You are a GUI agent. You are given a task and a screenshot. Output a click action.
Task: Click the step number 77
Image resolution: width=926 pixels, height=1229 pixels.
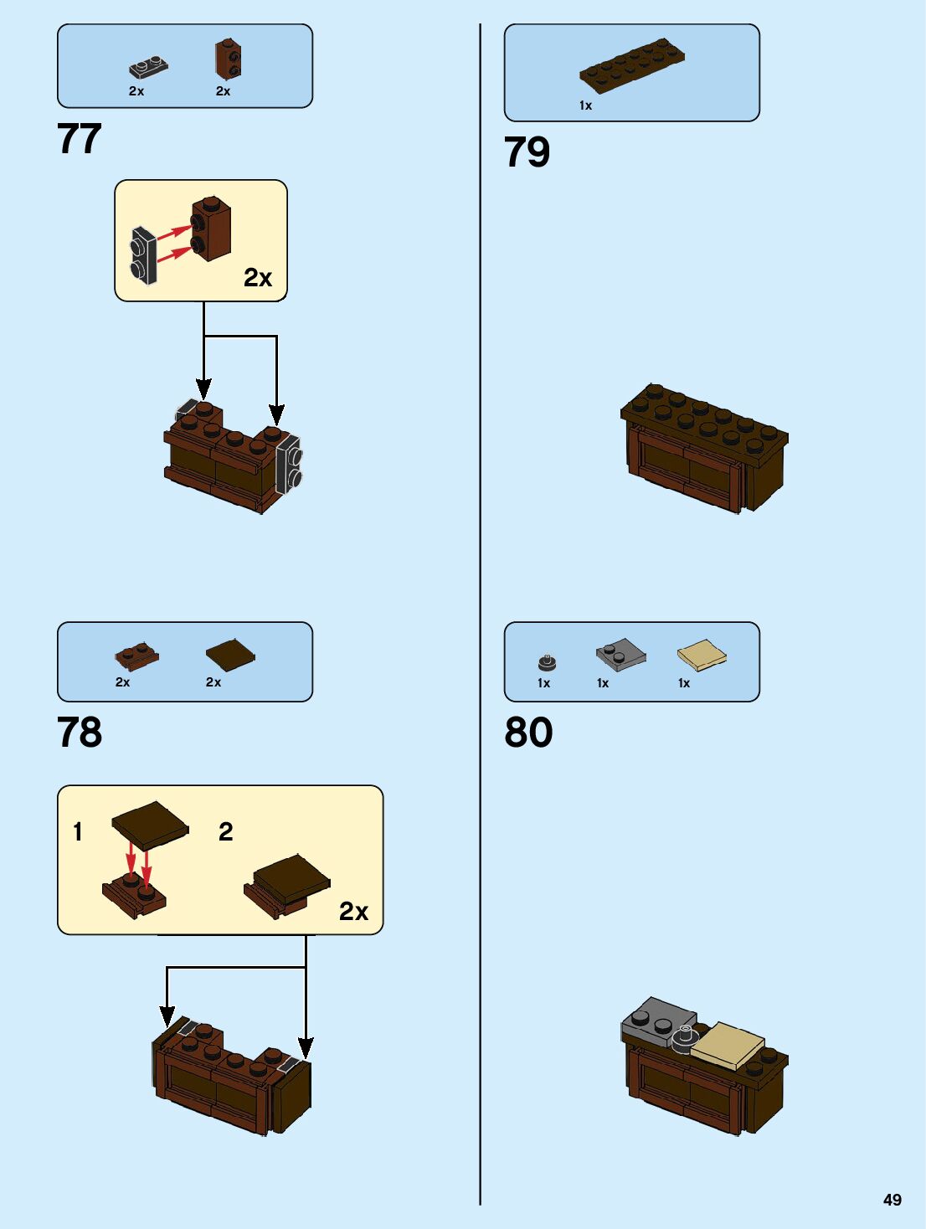pos(80,139)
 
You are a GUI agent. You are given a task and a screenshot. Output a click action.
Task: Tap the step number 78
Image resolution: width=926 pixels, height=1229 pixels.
pos(80,732)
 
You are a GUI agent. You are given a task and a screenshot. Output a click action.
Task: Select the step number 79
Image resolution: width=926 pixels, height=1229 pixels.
pos(527,152)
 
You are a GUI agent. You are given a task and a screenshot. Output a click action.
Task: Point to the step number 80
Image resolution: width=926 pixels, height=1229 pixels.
pos(528,732)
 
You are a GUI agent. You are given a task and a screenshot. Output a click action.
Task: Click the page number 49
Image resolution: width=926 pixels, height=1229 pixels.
pos(893,1200)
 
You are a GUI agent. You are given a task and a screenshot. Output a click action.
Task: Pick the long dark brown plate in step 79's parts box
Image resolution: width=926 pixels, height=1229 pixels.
pos(632,65)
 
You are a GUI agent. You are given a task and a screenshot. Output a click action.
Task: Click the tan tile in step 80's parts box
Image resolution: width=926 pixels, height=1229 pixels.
pos(702,656)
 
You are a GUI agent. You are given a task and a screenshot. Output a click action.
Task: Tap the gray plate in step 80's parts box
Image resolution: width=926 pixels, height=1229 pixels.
pos(621,654)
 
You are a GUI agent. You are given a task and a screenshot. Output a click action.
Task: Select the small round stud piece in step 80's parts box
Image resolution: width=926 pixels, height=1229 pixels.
pos(547,662)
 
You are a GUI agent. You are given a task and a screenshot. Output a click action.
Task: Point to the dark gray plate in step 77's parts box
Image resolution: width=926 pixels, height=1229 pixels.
pos(149,67)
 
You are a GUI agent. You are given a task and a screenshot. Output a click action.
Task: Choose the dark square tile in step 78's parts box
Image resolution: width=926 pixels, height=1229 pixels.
pos(230,654)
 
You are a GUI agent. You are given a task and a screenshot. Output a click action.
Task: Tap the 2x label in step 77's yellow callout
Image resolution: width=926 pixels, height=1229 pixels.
pos(258,278)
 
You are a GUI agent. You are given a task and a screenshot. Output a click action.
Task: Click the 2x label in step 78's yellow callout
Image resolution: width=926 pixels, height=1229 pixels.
pos(353,911)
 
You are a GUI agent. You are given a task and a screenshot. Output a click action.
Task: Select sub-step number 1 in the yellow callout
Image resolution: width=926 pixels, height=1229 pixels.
pos(78,831)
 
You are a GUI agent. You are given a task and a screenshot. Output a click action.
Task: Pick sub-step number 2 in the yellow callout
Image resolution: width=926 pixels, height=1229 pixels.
pos(225,831)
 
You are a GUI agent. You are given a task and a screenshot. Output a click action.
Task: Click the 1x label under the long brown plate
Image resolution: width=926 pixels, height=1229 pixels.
pos(585,105)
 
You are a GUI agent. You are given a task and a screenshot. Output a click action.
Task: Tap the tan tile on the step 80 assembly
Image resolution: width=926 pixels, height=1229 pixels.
pos(727,1044)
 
